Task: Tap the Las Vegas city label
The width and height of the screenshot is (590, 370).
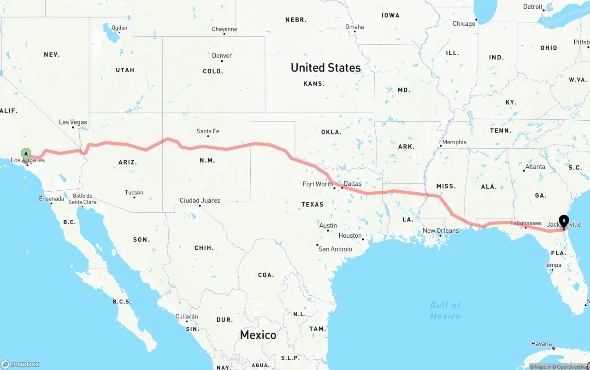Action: pos(73,122)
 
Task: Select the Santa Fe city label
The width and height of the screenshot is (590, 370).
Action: pos(208,131)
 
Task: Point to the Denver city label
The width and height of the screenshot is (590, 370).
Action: pos(222,56)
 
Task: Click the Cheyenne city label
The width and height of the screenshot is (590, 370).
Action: pos(224,29)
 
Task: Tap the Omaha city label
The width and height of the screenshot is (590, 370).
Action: pos(354,27)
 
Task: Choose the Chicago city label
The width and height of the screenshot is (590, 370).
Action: pos(464,23)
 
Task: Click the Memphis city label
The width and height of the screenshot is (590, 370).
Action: pos(454,142)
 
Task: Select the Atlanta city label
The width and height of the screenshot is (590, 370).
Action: pos(535,167)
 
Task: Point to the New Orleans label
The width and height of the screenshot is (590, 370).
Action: pos(441,230)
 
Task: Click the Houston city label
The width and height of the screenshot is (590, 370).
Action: pos(350,235)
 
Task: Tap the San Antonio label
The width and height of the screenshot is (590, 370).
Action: pos(335,249)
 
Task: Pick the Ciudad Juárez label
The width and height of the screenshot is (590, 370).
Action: pos(200,200)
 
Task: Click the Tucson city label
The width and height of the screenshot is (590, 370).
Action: pos(134,193)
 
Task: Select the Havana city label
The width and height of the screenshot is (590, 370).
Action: pos(541,344)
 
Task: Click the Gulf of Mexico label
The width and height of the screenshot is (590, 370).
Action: pos(445,311)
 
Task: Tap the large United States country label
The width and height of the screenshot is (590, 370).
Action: pos(325,68)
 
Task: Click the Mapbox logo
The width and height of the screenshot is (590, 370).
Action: pos(20,364)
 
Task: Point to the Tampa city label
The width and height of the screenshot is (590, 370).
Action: pos(552,265)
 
